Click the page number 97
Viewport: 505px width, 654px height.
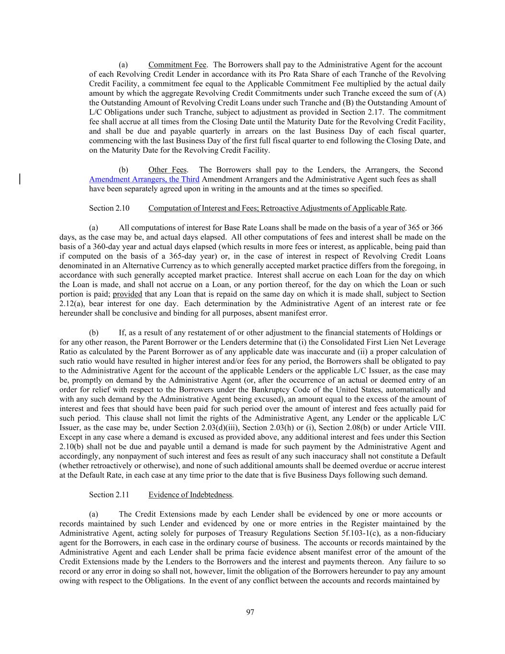tap(250, 612)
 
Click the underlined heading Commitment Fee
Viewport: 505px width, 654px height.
tap(177, 65)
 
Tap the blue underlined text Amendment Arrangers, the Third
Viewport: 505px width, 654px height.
tap(144, 179)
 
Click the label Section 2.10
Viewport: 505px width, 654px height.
tap(109, 208)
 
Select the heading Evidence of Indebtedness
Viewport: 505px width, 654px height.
tap(191, 495)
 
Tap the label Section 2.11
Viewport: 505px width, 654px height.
tap(109, 495)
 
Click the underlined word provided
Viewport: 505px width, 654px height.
tap(127, 294)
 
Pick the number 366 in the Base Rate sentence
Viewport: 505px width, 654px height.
tap(436, 228)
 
